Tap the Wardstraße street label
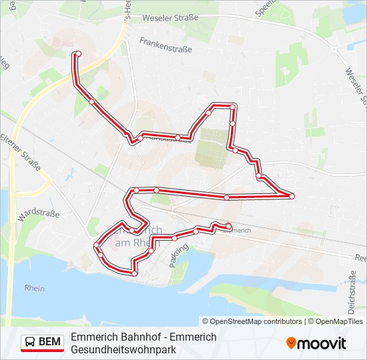pos(38,215)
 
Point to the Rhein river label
pos(34,288)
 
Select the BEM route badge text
pos(49,343)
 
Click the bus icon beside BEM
pos(30,343)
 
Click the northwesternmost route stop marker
pos(78,53)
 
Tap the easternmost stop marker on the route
pos(292,195)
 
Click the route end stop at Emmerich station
pos(229,225)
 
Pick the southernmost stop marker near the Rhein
pos(134,273)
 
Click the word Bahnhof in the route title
pos(138,337)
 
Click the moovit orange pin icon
pos(291,343)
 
